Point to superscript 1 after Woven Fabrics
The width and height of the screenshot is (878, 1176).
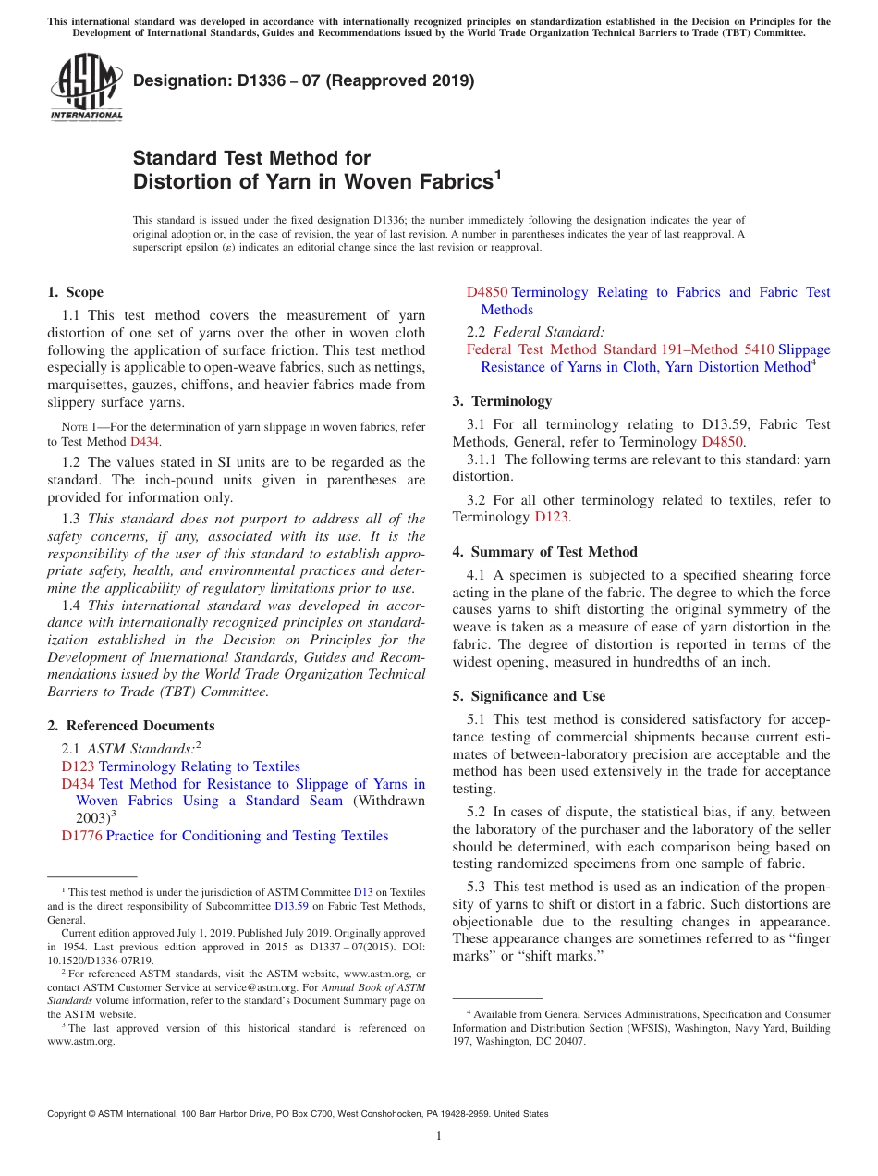pos(497,174)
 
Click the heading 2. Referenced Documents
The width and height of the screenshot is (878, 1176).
pos(130,726)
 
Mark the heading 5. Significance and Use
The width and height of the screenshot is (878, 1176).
pos(538,696)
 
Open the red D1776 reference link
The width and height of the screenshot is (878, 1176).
pos(81,836)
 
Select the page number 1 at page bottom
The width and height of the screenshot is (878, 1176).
pos(439,1135)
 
